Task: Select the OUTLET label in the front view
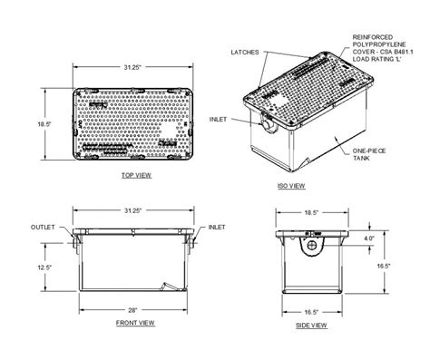pos(43,227)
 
